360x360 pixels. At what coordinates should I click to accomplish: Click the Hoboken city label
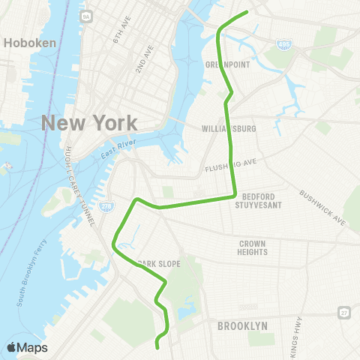[30, 43]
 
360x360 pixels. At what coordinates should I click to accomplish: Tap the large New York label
[89, 122]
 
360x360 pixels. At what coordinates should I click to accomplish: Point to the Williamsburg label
[229, 129]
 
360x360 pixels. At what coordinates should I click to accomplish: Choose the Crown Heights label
[253, 247]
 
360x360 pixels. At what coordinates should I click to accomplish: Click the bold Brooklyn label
[242, 326]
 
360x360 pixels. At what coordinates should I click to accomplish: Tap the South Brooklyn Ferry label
[30, 273]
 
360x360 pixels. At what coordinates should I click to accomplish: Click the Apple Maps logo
[27, 347]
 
